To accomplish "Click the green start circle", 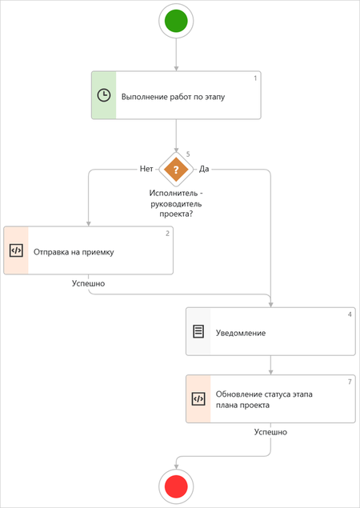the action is pos(176,21).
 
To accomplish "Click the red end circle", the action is pos(176,486).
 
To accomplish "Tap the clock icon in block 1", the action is pos(104,95).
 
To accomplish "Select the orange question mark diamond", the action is pos(176,170).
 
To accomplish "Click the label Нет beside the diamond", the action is pos(146,169).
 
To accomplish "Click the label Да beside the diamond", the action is pos(204,169).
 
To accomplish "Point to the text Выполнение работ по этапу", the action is pos(173,97).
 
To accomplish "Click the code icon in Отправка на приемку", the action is pos(16,250).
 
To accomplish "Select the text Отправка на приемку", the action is pos(74,252).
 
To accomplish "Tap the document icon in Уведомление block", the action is pos(198,331).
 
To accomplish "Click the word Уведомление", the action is pos(241,333).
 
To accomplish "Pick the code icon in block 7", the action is pos(198,399).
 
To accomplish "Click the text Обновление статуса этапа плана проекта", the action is pos(264,400).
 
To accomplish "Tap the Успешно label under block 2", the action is pos(89,283).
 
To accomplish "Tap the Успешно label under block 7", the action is pos(270,432).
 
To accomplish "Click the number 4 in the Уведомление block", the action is pos(350,314).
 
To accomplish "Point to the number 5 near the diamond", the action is pos(188,154).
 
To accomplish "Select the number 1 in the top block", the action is pos(255,78).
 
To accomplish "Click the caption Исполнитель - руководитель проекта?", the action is pos(176,204).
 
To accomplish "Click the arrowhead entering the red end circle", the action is pos(176,466).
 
